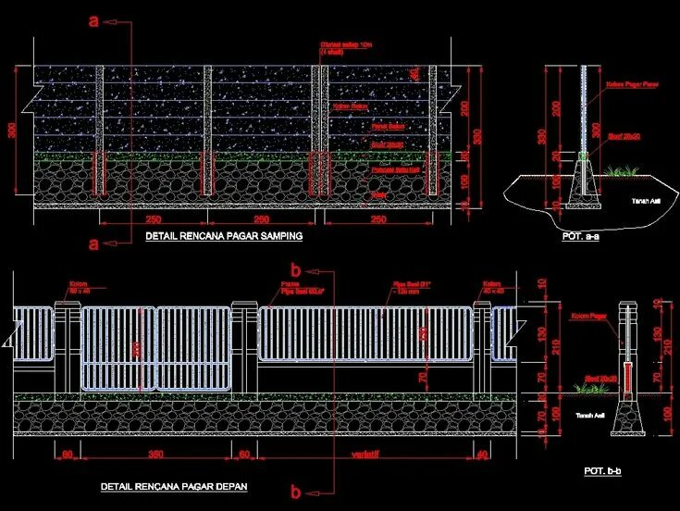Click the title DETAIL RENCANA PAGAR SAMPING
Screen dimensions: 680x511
(x=224, y=236)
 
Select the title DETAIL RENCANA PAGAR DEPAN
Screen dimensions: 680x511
(x=173, y=486)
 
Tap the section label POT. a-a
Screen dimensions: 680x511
(x=581, y=236)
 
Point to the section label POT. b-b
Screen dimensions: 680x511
(x=602, y=471)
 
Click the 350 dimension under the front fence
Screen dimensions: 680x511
(x=155, y=454)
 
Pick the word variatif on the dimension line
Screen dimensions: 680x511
(x=367, y=454)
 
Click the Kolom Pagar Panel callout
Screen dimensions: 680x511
(x=624, y=85)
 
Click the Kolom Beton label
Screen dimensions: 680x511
(x=346, y=106)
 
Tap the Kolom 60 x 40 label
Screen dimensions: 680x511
(x=78, y=287)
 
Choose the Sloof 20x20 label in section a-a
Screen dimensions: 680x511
(x=626, y=135)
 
